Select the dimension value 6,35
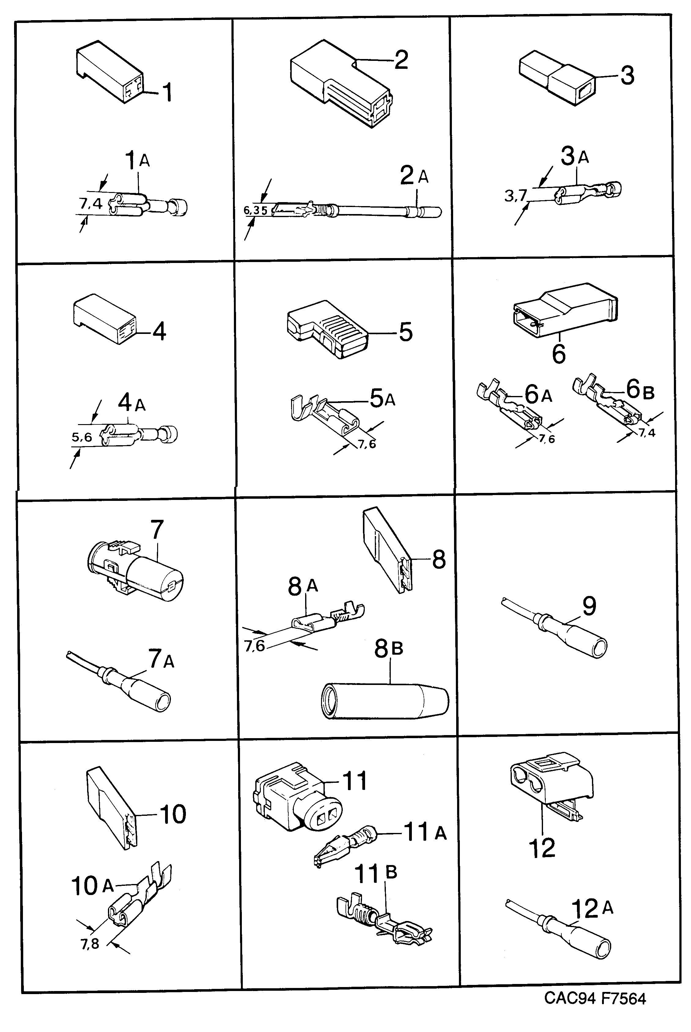pos(256,211)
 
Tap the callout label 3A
pos(575,157)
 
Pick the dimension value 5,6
pos(82,437)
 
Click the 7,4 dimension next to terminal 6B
pos(647,433)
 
